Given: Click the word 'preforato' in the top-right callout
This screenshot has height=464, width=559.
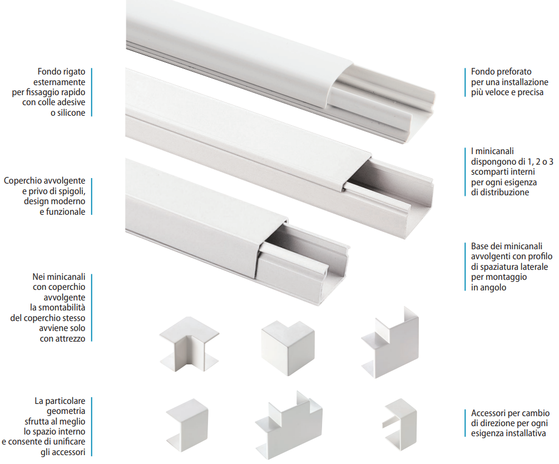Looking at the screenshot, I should coord(512,72).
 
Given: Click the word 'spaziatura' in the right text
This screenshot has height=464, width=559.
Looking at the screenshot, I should coord(501,266).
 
